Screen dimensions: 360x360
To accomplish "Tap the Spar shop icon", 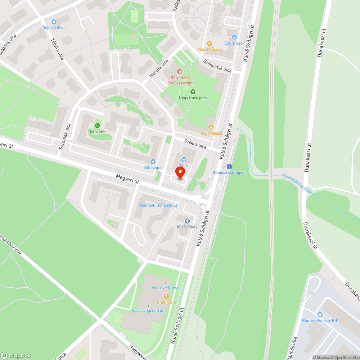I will (184, 159).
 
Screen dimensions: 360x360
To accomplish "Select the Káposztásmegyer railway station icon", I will (229, 167).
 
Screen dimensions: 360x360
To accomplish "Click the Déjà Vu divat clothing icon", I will (54, 22).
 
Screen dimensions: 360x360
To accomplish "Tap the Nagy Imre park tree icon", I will (193, 92).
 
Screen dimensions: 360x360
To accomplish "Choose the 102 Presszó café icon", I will (211, 127).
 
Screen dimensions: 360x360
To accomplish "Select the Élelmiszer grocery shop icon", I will (234, 37).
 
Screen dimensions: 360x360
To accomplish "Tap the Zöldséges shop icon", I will (153, 162).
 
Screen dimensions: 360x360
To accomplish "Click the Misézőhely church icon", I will (187, 221).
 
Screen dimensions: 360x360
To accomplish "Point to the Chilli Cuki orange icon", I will (166, 296).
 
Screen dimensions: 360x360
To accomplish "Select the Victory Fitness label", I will (165, 288).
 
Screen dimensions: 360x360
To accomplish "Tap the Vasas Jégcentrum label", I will (149, 311).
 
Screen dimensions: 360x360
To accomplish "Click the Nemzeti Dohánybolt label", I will (159, 205).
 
